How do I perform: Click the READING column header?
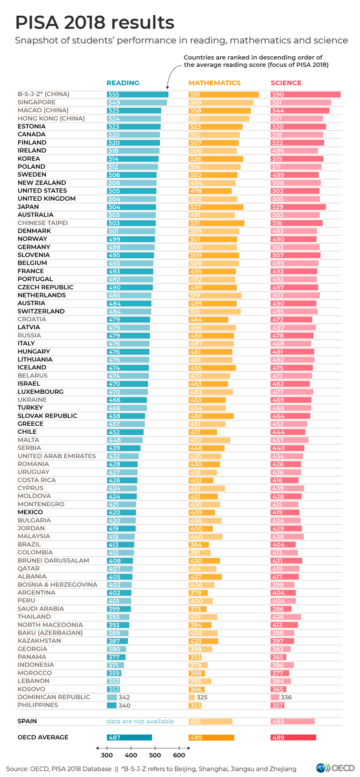[123, 83]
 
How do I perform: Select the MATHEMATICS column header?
[215, 83]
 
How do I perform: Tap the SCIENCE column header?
[286, 83]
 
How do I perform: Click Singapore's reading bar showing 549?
[137, 102]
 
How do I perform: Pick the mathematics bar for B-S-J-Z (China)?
[224, 95]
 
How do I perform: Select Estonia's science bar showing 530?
[298, 127]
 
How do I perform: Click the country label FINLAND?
[32, 143]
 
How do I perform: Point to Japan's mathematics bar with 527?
[216, 207]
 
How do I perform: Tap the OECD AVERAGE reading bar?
[129, 737]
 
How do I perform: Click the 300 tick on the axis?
[107, 755]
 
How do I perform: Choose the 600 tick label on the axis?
[179, 755]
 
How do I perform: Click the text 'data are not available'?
[140, 721]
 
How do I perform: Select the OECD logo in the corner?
[335, 768]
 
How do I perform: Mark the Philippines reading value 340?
[124, 705]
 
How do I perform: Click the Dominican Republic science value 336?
[286, 697]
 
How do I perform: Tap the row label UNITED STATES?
[42, 191]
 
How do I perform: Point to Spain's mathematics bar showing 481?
[210, 722]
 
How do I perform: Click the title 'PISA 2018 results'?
[94, 22]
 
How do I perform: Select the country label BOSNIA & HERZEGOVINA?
[57, 585]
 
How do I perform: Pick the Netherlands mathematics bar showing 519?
[215, 296]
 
